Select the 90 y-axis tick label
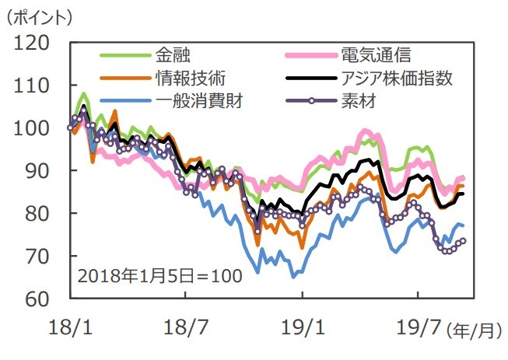(36, 170)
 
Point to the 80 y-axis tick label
(36, 213)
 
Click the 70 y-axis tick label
(36, 256)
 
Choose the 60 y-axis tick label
(36, 299)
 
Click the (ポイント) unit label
(39, 15)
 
